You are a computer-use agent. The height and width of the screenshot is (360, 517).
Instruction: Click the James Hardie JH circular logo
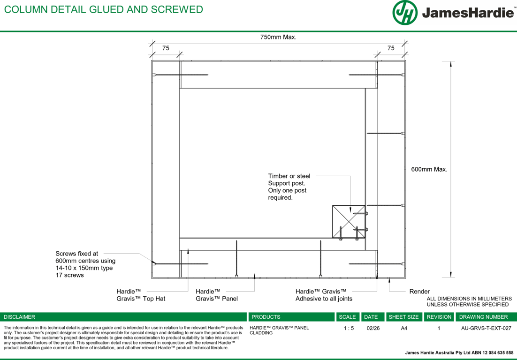[405, 13]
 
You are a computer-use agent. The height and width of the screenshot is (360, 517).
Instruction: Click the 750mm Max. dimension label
[278, 37]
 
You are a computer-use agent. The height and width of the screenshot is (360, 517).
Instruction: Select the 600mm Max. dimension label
[429, 169]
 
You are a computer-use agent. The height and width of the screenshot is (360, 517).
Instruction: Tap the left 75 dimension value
[166, 48]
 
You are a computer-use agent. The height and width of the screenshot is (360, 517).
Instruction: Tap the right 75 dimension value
[391, 48]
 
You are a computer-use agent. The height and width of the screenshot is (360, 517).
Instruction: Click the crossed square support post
[349, 222]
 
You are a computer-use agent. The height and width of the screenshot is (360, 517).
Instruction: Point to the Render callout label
[419, 292]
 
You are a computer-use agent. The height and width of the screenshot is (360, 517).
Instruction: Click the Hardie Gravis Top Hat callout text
[141, 295]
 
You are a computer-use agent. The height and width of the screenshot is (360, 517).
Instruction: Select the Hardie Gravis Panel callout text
[217, 295]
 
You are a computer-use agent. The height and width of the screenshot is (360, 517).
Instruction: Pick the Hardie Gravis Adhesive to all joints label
[324, 295]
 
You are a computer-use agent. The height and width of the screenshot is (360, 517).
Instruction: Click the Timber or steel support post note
[289, 187]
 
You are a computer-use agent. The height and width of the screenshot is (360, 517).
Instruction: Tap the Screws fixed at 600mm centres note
[85, 264]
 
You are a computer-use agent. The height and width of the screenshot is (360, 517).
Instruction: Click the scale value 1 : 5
[349, 328]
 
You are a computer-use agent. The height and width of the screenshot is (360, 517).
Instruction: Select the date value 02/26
[373, 328]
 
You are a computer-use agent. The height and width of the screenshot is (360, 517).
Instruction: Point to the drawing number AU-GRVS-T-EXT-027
[486, 328]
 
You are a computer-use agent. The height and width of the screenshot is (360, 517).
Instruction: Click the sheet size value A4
[404, 328]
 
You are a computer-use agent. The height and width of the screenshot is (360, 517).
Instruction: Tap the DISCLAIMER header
[19, 317]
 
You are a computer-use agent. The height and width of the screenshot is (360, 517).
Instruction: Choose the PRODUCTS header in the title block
[266, 317]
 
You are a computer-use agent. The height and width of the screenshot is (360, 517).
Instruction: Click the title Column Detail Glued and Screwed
[104, 9]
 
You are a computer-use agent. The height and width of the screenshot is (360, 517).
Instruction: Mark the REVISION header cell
[439, 317]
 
